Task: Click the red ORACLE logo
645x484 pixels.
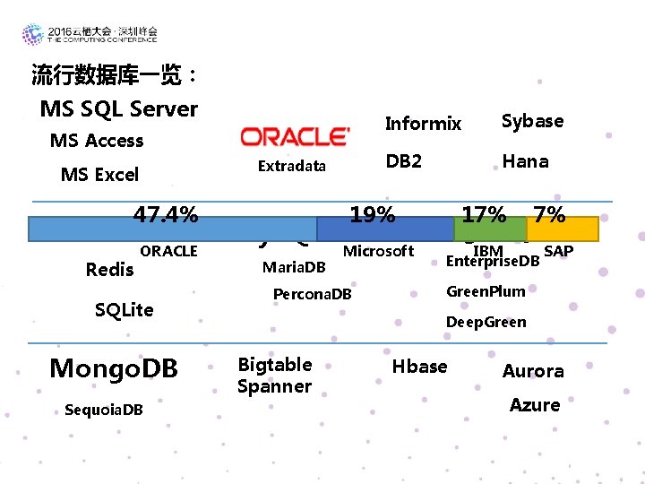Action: tap(295, 137)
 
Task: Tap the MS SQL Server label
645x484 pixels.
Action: tap(119, 109)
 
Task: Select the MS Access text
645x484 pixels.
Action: tap(97, 141)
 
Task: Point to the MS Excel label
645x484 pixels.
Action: tap(99, 175)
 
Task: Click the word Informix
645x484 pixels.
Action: tap(423, 124)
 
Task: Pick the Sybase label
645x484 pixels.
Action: tap(532, 121)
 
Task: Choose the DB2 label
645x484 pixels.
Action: tap(404, 161)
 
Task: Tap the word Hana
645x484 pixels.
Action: tap(525, 161)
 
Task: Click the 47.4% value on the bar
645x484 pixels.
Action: tap(166, 215)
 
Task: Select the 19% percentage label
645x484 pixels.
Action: tap(373, 215)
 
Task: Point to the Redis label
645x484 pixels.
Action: tap(109, 270)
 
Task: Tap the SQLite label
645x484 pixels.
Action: tap(124, 310)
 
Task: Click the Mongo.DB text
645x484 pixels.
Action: tap(113, 368)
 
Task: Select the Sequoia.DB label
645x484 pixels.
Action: tap(103, 411)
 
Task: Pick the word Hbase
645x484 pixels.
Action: tap(419, 366)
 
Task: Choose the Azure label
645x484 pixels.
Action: tap(535, 405)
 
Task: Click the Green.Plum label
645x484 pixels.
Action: tap(486, 290)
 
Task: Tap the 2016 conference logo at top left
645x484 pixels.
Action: tap(90, 35)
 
